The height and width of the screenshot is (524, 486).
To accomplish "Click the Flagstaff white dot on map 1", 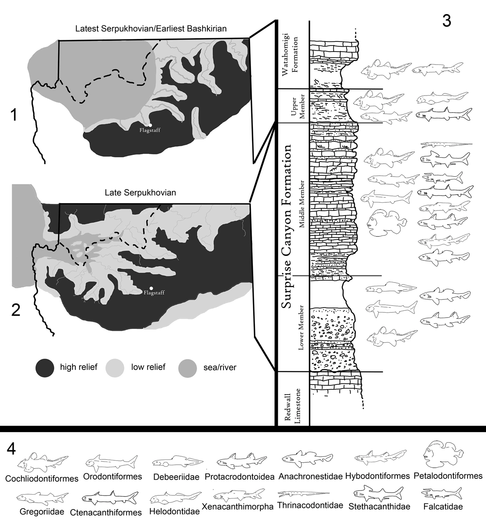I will [150, 125].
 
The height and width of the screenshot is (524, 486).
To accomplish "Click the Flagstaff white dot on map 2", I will [151, 288].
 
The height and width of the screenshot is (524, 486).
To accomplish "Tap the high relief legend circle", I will [45, 367].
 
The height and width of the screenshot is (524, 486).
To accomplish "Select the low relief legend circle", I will [114, 367].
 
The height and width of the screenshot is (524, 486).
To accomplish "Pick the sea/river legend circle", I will [188, 367].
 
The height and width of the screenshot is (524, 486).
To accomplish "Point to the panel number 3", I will [447, 21].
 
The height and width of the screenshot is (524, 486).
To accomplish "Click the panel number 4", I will [12, 449].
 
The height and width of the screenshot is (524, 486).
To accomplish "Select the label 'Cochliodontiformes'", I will [42, 479].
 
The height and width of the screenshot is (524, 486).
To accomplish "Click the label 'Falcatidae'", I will [443, 507].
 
